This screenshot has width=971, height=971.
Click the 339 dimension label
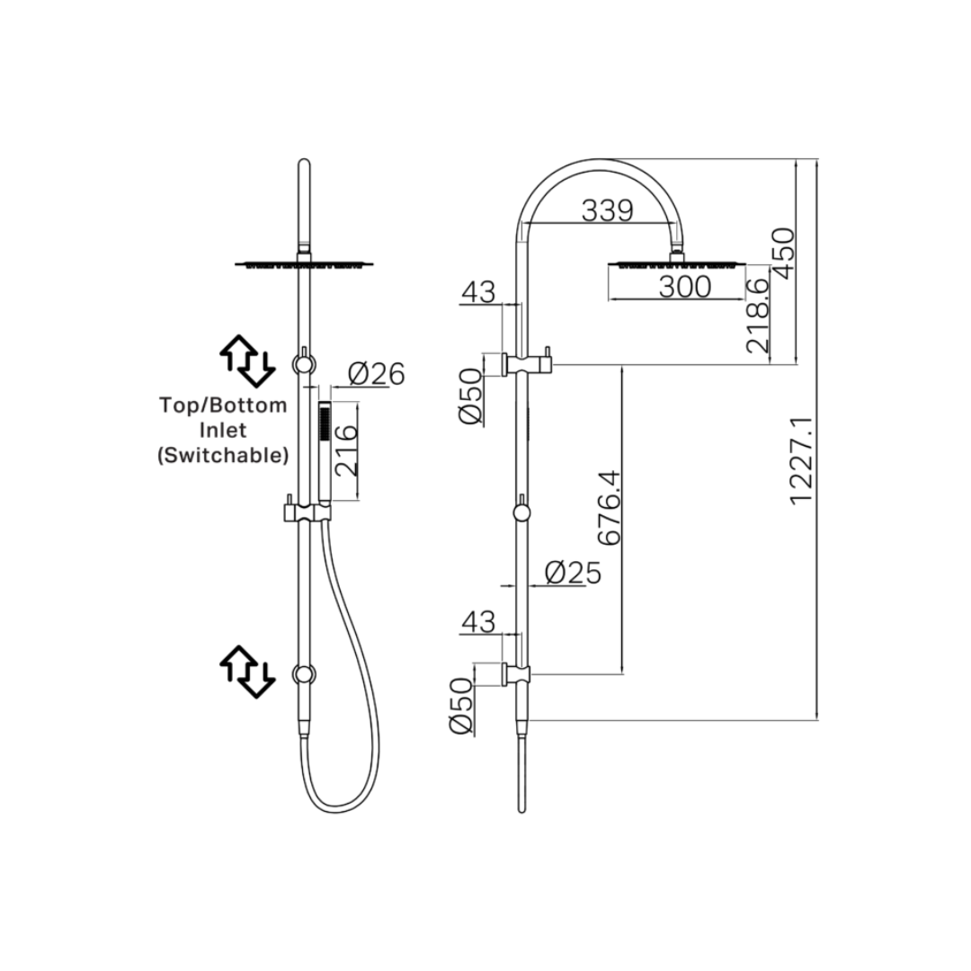tap(608, 210)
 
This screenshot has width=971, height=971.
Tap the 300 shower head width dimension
tap(685, 287)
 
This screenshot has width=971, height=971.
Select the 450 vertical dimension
tap(783, 254)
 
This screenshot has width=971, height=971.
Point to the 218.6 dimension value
tap(757, 316)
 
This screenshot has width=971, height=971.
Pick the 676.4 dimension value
tap(610, 507)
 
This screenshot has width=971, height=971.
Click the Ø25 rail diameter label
tap(573, 573)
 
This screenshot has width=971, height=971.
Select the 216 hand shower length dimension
tap(346, 450)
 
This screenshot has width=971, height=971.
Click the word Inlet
tap(223, 430)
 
